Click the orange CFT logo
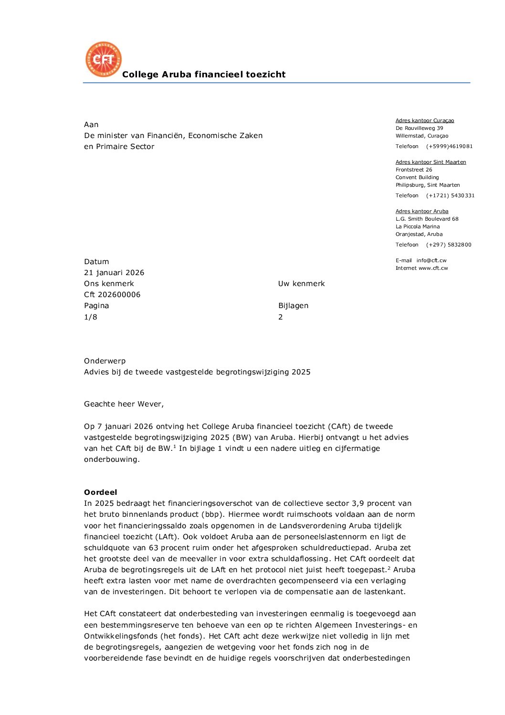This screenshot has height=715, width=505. click(x=104, y=60)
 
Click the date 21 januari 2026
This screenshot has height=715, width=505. click(x=114, y=273)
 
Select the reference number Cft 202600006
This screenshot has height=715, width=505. click(x=112, y=295)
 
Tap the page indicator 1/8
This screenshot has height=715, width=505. click(x=91, y=317)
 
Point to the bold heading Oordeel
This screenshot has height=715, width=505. click(x=101, y=492)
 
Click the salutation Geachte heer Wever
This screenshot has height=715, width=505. click(x=124, y=404)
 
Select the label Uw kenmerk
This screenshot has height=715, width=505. click(x=301, y=284)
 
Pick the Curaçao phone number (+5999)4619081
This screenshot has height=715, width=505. click(x=449, y=147)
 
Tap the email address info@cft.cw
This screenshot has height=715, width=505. click(x=431, y=261)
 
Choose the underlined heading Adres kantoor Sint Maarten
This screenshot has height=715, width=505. click(x=431, y=162)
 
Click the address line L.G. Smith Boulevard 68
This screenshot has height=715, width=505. click(x=427, y=219)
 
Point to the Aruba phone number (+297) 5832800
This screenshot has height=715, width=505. click(x=449, y=245)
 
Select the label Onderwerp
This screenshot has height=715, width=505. click(x=105, y=361)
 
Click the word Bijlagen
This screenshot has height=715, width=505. click(x=293, y=306)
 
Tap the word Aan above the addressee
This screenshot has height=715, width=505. click(x=91, y=125)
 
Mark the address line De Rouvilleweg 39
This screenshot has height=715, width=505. click(x=419, y=128)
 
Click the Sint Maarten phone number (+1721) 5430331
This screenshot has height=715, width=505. click(x=450, y=196)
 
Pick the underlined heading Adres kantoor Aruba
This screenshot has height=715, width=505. click(x=422, y=212)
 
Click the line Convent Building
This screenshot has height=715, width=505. click(x=417, y=178)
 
